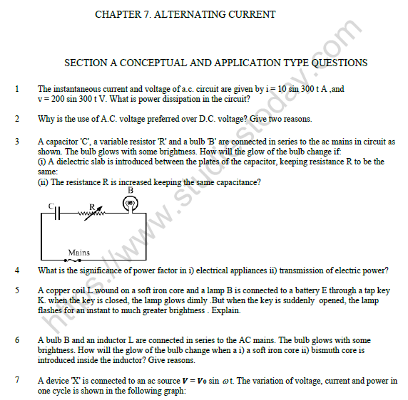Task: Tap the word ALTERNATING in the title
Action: point(190,14)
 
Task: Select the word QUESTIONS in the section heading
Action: point(335,63)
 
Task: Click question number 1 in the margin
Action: point(16,89)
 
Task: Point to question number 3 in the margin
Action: point(16,142)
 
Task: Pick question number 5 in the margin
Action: point(16,290)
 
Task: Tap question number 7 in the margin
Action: point(16,381)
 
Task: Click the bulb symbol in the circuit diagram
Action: point(130,204)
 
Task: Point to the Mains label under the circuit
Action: point(78,253)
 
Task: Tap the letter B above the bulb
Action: point(130,191)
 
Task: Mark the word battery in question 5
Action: point(260,290)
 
